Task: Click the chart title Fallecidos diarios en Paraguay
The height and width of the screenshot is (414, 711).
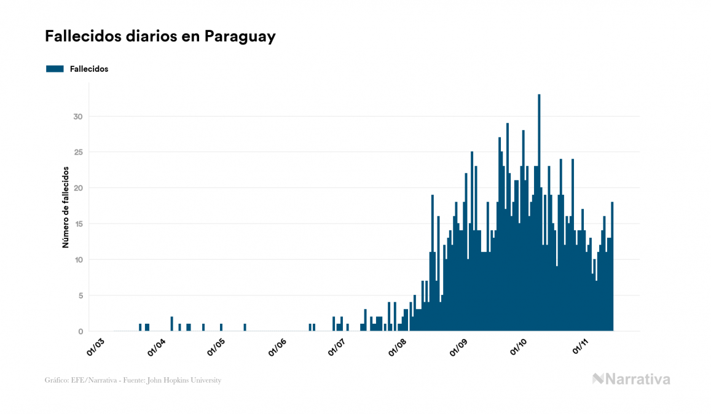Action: click(160, 37)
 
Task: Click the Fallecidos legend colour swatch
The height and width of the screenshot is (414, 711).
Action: click(55, 69)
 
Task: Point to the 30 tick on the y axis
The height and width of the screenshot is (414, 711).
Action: click(77, 117)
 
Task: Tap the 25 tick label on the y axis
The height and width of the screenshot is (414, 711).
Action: click(77, 152)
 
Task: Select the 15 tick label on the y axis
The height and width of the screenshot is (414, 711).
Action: click(77, 224)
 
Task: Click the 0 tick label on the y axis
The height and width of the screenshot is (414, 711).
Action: click(80, 332)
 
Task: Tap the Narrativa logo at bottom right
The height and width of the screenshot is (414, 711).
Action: click(631, 379)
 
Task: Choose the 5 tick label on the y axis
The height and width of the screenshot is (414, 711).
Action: click(80, 296)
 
